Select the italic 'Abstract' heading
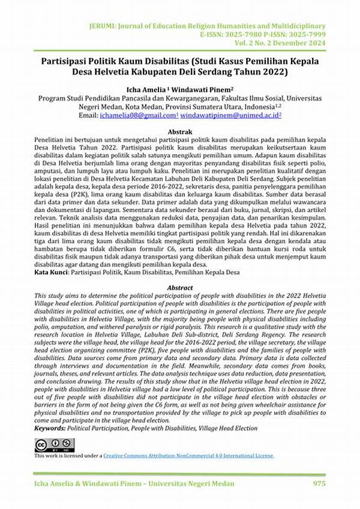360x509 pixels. [179, 288]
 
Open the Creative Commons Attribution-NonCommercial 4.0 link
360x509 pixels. [188, 456]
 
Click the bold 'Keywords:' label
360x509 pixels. [53, 428]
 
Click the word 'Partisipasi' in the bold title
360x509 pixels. [65, 62]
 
